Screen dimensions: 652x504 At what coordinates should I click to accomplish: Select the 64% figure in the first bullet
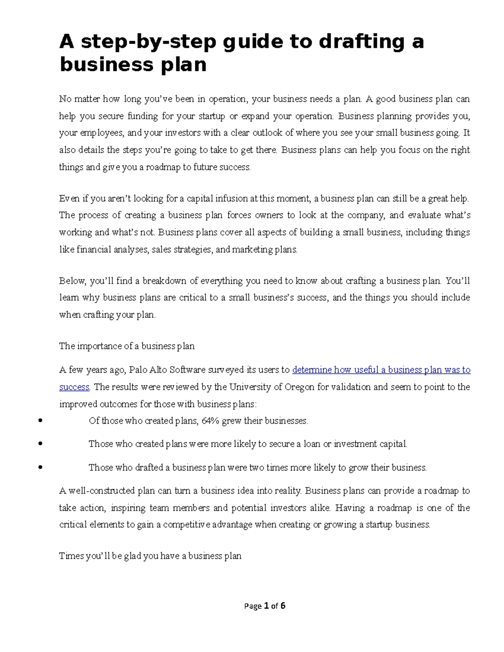point(210,421)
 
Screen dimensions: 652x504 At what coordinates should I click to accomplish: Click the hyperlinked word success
point(74,387)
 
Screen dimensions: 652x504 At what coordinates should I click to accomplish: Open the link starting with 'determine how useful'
point(381,370)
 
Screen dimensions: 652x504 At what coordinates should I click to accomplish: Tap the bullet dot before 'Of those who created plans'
point(40,420)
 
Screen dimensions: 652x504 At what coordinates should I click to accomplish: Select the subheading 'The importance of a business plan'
point(127,346)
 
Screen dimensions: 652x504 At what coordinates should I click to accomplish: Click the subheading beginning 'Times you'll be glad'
point(150,556)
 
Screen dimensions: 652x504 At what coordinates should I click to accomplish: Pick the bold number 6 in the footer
point(283,605)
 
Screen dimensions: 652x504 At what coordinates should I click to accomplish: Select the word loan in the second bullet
point(312,444)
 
